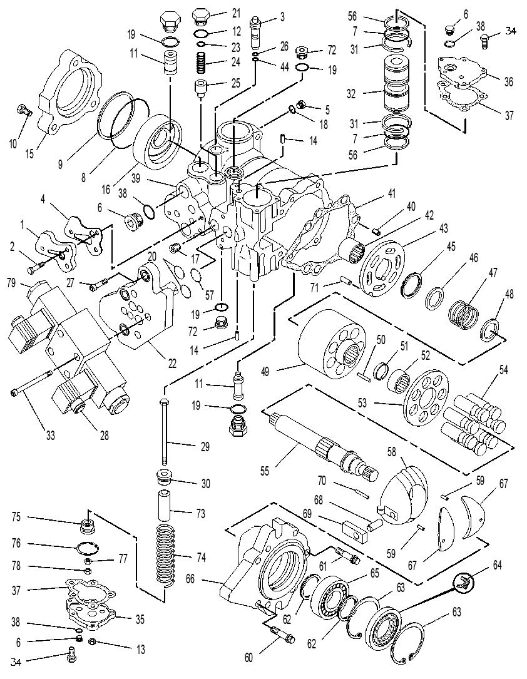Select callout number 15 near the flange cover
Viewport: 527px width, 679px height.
tap(29, 153)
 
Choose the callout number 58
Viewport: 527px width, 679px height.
tap(391, 452)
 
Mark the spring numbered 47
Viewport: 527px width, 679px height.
tap(463, 314)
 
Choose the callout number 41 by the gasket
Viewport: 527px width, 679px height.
tap(392, 193)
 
